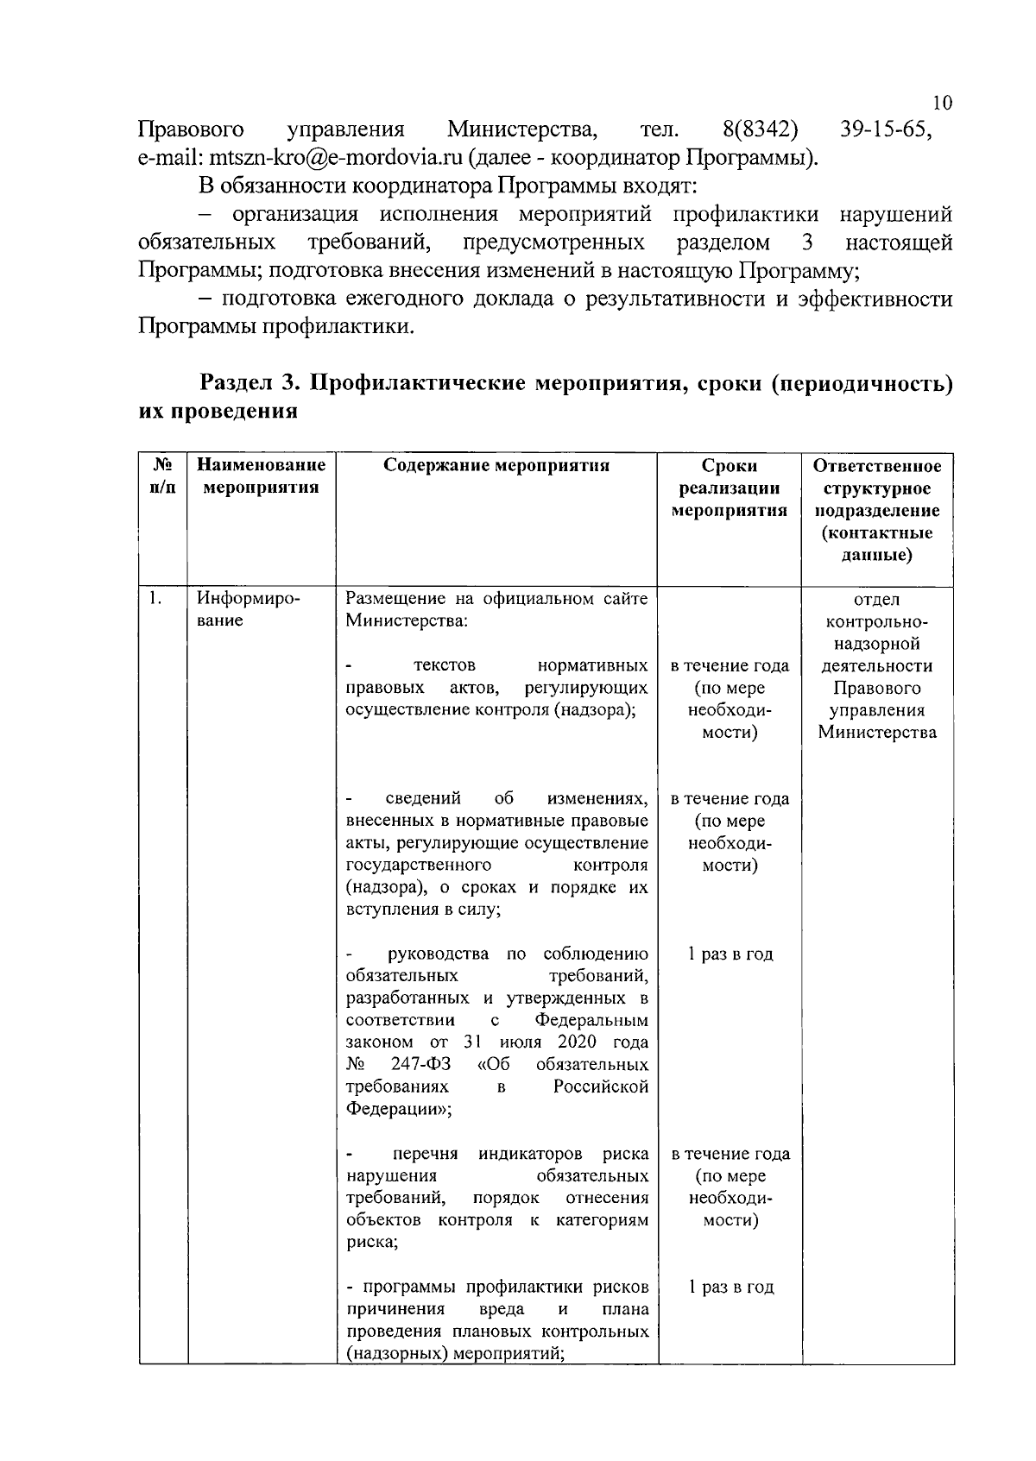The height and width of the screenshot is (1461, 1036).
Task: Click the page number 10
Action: (x=942, y=103)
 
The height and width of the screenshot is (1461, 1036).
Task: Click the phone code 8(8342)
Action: (x=760, y=130)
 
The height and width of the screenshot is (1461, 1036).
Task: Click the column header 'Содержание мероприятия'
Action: (x=496, y=466)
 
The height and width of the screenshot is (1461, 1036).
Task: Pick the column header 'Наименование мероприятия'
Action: (x=262, y=476)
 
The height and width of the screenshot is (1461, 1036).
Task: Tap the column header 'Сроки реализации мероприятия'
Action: (x=730, y=488)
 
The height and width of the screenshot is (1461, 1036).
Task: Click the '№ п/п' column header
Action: (x=163, y=476)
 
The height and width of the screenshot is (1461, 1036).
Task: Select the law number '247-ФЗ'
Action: (x=420, y=1065)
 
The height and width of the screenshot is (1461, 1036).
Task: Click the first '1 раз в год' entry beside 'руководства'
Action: (x=730, y=954)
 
